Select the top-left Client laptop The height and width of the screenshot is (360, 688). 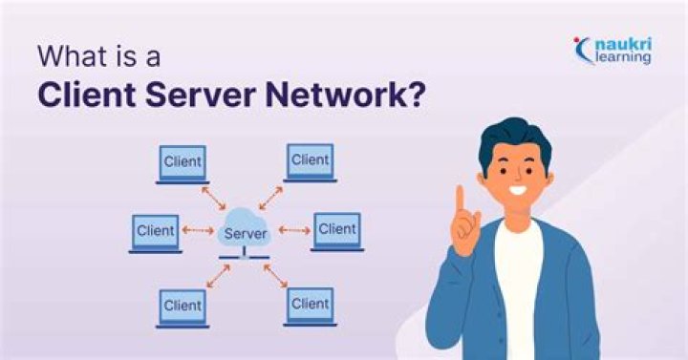tap(182, 163)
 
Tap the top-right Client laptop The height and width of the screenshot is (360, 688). tap(310, 161)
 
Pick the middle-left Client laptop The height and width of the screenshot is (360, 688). tap(155, 232)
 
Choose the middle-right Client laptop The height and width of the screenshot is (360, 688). tap(336, 231)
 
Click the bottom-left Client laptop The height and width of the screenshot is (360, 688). tap(182, 307)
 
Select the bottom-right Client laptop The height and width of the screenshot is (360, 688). tap(310, 306)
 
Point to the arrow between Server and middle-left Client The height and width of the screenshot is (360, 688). tap(198, 230)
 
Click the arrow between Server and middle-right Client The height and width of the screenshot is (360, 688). tap(294, 230)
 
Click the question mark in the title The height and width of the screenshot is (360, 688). tap(417, 97)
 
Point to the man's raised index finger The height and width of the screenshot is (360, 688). tap(459, 201)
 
